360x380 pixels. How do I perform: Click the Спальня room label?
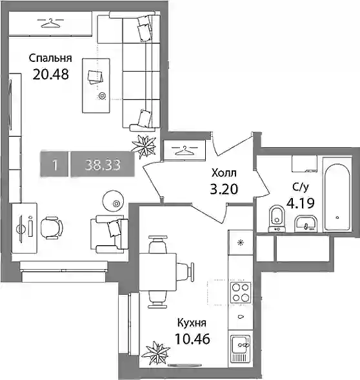point(50,59)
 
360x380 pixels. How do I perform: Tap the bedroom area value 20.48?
point(51,74)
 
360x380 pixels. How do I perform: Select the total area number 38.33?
point(103,165)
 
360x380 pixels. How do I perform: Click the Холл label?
point(224,173)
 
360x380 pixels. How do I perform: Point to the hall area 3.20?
point(224,189)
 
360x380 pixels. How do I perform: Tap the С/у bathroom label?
point(301,187)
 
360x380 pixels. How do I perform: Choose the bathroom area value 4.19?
point(301,203)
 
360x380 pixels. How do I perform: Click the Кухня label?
point(192,323)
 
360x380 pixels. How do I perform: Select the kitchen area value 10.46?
point(192,339)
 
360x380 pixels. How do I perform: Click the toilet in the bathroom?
point(277,219)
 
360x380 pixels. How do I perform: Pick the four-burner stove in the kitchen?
point(241,293)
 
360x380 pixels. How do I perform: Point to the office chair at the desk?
point(52,228)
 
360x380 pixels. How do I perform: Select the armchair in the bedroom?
point(109,234)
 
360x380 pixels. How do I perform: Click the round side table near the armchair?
point(114,201)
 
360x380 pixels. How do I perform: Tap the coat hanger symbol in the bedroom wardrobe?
point(51,23)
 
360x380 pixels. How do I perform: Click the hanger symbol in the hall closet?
point(185,150)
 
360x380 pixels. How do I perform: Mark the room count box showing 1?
point(55,165)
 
